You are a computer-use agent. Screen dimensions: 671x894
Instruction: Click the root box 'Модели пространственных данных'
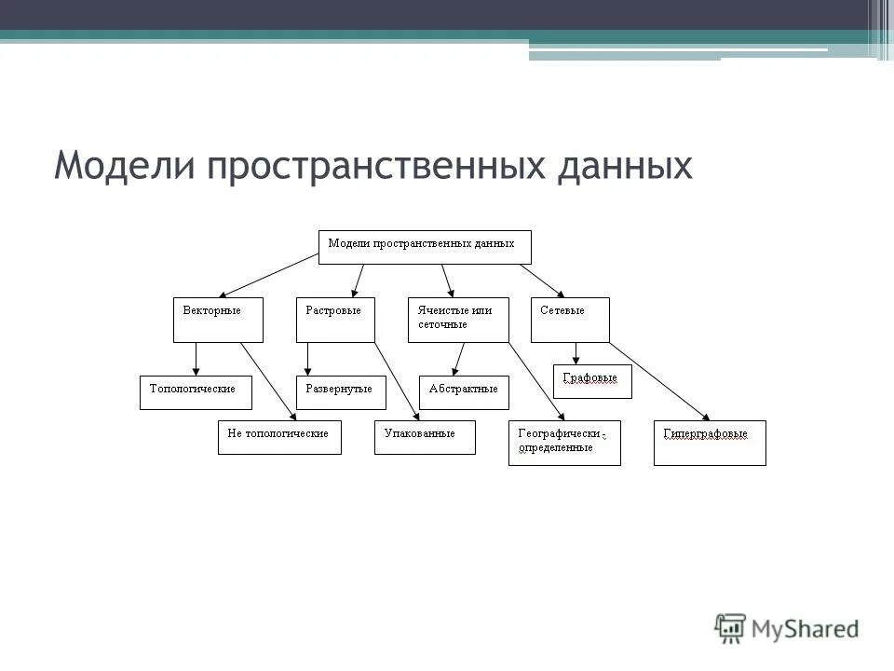425,247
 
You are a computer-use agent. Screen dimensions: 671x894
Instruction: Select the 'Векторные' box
218,320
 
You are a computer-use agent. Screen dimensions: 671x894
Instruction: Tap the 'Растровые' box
335,320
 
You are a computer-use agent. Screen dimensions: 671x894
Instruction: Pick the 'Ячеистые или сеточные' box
458,320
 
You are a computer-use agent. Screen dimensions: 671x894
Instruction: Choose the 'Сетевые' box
570,320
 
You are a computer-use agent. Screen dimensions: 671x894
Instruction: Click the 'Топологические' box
196,392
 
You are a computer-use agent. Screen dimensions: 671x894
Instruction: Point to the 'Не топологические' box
279,437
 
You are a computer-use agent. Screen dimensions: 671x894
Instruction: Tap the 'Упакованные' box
425,437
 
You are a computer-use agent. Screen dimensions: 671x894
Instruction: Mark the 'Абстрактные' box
464,392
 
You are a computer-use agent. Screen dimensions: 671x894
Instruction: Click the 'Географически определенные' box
564,443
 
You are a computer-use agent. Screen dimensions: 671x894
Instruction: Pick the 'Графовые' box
592,381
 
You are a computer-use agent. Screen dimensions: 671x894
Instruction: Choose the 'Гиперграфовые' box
710,443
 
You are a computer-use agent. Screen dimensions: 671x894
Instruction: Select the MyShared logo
787,627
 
